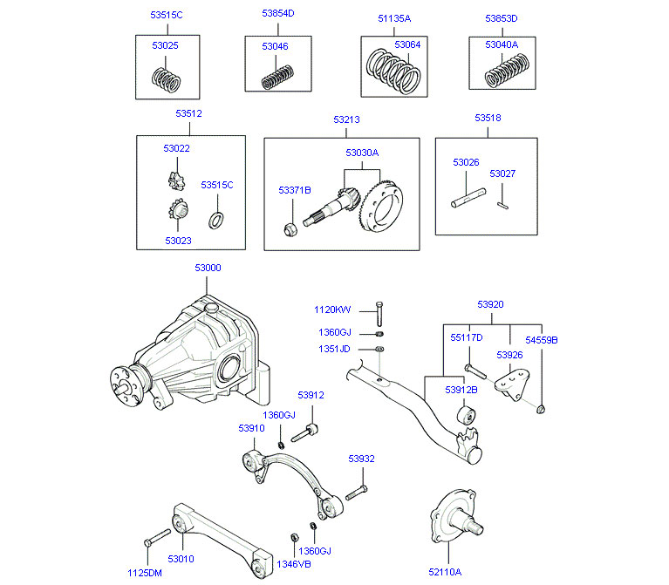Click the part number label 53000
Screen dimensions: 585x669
(208, 269)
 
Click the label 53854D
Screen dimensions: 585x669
(278, 15)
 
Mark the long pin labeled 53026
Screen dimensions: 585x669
(466, 194)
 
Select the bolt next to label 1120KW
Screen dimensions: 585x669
(379, 313)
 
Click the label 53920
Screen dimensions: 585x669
(489, 305)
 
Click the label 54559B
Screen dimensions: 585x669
(541, 339)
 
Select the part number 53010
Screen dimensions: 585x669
(181, 559)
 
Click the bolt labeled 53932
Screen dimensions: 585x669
(358, 493)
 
